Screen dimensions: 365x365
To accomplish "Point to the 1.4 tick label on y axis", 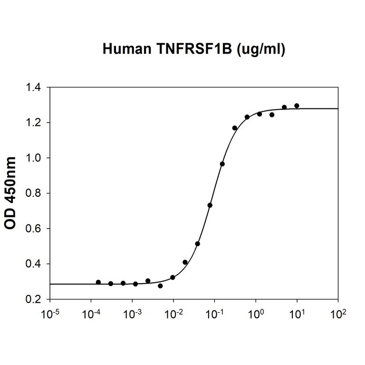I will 35,88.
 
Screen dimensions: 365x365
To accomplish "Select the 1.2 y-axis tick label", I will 35,123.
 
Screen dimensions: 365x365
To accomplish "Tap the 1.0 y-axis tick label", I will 35,158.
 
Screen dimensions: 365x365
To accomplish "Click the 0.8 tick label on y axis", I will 35,193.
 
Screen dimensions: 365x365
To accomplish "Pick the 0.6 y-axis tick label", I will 35,229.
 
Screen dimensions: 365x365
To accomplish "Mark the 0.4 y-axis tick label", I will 35,264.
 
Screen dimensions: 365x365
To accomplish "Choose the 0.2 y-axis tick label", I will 35,299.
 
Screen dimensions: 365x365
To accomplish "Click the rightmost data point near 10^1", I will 297,106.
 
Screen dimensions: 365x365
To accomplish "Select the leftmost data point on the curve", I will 98,282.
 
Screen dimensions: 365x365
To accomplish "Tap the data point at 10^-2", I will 173,278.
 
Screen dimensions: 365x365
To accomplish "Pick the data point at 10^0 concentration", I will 259,114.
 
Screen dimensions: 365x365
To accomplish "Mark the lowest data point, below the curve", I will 160,286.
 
